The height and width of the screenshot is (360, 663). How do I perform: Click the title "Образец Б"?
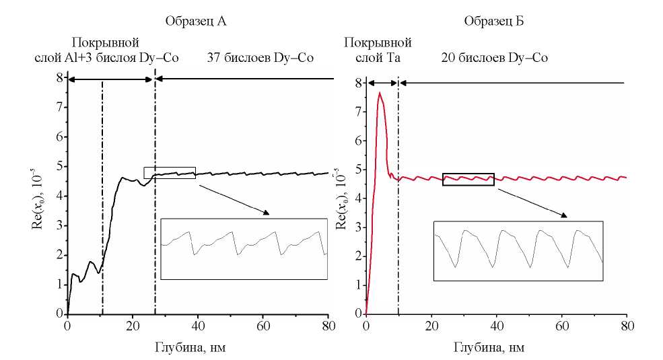pyautogui.click(x=493, y=22)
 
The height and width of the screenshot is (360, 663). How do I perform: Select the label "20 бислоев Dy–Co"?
pyautogui.click(x=494, y=59)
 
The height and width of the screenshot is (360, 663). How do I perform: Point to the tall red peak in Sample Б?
pyautogui.click(x=380, y=94)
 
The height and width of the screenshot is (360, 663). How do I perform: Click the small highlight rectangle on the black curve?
pyautogui.click(x=170, y=172)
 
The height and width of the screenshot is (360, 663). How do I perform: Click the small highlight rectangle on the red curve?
pyautogui.click(x=468, y=179)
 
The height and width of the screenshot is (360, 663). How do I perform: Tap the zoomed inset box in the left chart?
pyautogui.click(x=244, y=248)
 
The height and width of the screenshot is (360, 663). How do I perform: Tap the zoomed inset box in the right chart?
pyautogui.click(x=518, y=250)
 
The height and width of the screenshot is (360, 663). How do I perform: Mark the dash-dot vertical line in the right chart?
pyautogui.click(x=398, y=202)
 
